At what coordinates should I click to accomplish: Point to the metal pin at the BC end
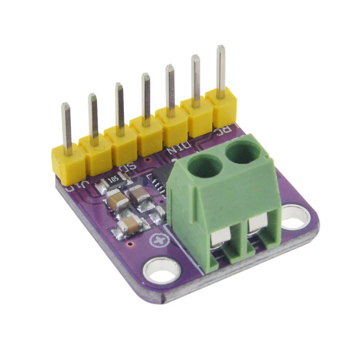pos(220,70)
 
